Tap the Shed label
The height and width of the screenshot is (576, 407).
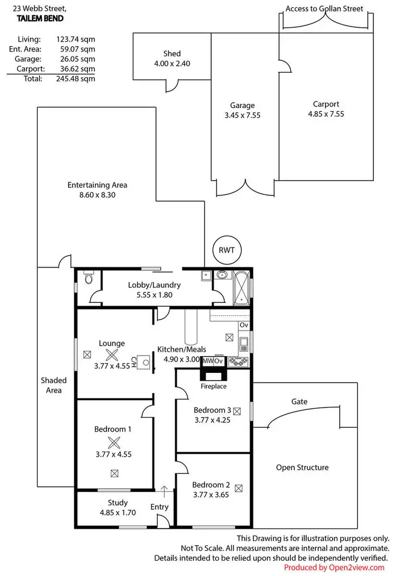[172, 54]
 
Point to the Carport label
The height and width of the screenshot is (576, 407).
[326, 104]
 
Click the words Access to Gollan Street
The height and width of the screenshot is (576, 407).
[324, 9]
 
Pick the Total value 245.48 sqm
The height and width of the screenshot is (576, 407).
[76, 78]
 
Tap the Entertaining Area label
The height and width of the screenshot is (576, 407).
[97, 185]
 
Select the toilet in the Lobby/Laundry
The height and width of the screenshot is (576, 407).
[89, 280]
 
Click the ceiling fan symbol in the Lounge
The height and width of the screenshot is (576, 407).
[112, 355]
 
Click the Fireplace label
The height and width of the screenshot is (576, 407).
[213, 387]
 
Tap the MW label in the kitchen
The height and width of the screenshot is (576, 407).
[208, 361]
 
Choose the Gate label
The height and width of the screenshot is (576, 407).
[299, 402]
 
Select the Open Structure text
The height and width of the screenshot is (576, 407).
[302, 467]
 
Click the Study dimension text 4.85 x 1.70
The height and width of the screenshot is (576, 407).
[117, 512]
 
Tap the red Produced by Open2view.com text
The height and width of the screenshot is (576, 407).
[334, 567]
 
